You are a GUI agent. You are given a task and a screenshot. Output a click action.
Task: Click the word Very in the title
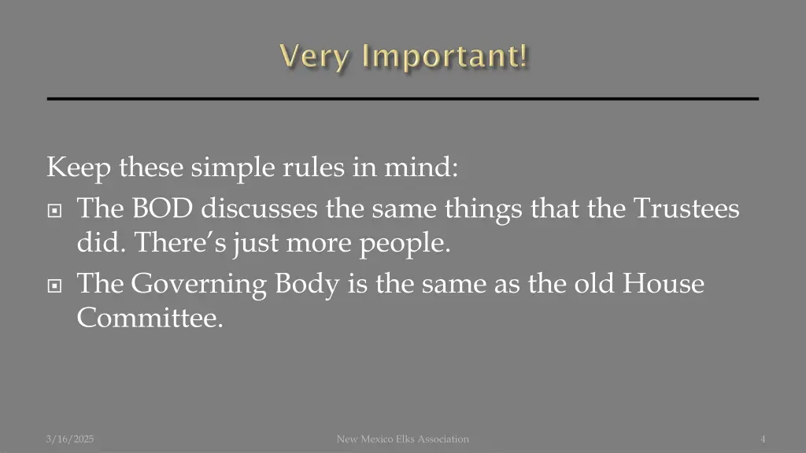[x=312, y=57]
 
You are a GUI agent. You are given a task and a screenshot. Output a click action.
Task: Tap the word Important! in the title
[x=446, y=57]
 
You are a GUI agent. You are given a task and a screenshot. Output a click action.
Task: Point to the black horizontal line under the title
[x=403, y=98]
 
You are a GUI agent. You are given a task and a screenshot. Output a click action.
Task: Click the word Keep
[x=79, y=168]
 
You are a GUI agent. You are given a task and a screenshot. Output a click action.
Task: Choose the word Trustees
[x=686, y=208]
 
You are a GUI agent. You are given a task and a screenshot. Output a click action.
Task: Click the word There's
[x=181, y=243]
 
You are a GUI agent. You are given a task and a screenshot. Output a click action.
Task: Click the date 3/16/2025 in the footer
[x=70, y=439]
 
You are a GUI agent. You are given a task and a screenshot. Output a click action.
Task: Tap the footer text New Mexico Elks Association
[x=402, y=439]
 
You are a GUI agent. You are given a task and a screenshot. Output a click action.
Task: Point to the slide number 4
[x=763, y=439]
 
